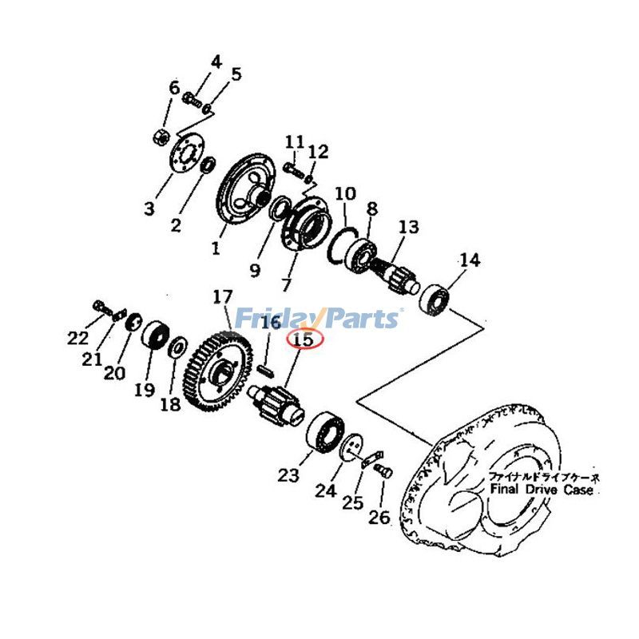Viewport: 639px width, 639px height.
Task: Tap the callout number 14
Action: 470,260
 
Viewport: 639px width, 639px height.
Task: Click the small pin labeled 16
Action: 267,370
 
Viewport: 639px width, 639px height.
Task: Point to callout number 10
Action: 344,193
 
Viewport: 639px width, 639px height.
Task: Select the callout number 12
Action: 318,151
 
